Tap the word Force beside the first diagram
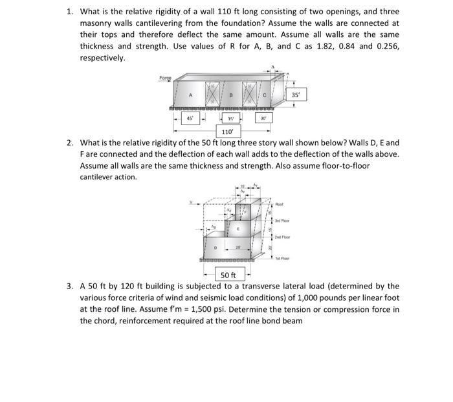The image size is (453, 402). [166, 78]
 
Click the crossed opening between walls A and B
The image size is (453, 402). [212, 95]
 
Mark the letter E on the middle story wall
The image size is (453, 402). [238, 229]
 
